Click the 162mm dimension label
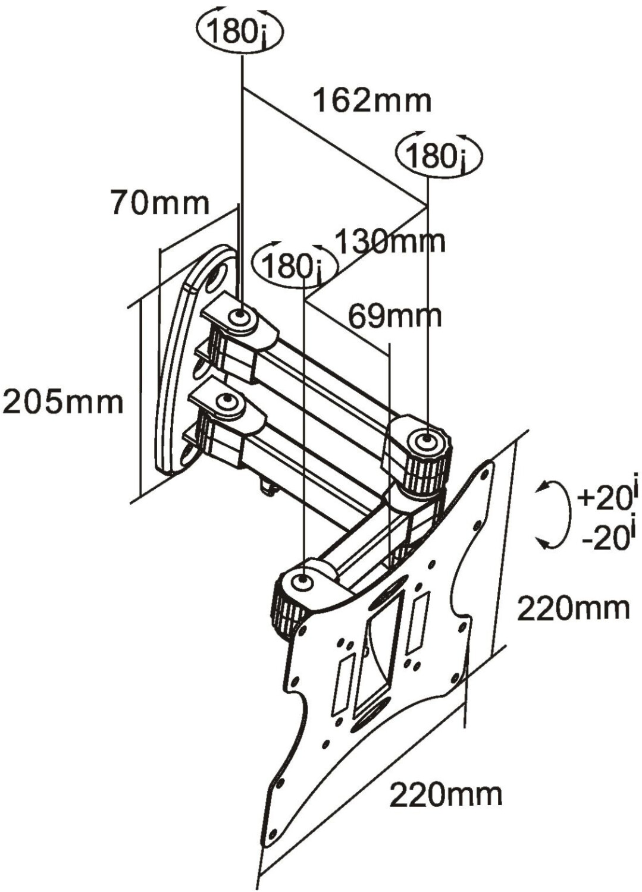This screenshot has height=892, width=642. [372, 100]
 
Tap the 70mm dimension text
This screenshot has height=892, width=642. [159, 203]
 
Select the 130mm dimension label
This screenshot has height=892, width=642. [390, 241]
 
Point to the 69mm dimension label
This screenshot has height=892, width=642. [394, 316]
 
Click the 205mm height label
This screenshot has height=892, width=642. [63, 402]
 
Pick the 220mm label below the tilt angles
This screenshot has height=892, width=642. [573, 608]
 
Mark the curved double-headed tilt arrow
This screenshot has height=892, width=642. [551, 515]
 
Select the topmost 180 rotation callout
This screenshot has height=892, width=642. [240, 32]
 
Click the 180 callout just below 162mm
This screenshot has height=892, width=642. [439, 155]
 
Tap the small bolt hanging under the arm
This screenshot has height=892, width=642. [266, 488]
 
